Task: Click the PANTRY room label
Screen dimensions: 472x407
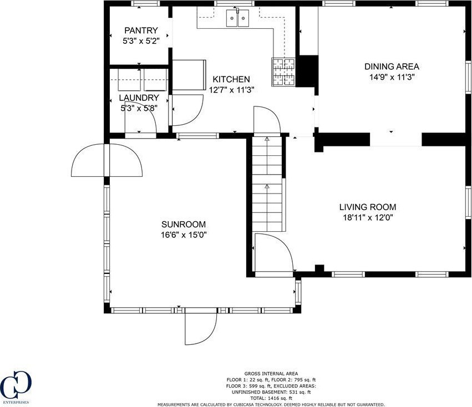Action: point(141,30)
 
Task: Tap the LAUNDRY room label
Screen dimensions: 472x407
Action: point(139,98)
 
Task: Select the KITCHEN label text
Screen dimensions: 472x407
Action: point(231,79)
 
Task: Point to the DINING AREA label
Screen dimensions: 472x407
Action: point(392,66)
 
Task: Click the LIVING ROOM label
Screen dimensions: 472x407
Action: point(368,207)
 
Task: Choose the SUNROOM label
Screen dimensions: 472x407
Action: point(184,224)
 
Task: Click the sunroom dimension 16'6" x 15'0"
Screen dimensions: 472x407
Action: point(184,235)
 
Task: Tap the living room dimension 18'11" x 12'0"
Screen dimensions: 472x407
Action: point(368,217)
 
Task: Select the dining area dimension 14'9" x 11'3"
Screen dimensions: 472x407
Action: point(392,77)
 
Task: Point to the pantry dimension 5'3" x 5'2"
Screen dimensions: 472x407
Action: point(141,41)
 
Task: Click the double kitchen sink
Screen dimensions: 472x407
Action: point(238,18)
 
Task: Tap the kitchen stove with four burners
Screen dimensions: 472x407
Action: point(283,72)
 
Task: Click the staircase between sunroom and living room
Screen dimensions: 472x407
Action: point(267,184)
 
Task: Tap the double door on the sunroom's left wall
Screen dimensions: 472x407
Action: point(107,160)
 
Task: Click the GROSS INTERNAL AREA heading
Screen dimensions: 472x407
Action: point(271,374)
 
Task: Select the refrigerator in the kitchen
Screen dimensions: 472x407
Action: point(189,75)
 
